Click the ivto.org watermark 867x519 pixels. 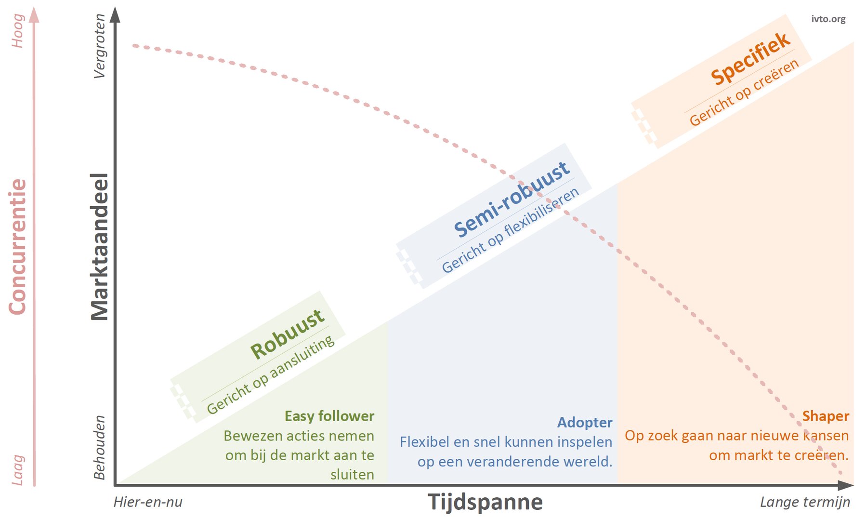[x=828, y=19]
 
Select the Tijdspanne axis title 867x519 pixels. [x=485, y=502]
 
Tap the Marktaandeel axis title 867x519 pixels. [x=100, y=247]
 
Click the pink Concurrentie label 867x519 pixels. [x=18, y=247]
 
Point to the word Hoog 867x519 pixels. [x=18, y=31]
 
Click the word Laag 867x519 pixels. [x=18, y=470]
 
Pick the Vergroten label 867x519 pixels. [x=99, y=46]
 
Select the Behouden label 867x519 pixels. [x=99, y=448]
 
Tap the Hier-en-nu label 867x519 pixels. [x=148, y=502]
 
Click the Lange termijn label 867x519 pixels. [x=805, y=502]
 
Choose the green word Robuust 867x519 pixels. [x=288, y=334]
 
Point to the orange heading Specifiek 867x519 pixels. [x=751, y=58]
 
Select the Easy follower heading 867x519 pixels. [x=329, y=416]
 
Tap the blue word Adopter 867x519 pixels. [x=585, y=423]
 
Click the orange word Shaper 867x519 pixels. [x=826, y=416]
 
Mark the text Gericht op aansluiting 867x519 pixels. [x=271, y=374]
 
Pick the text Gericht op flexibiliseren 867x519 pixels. [x=511, y=230]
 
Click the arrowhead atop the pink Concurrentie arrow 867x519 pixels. [x=34, y=15]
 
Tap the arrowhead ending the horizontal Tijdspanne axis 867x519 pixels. [x=845, y=485]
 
